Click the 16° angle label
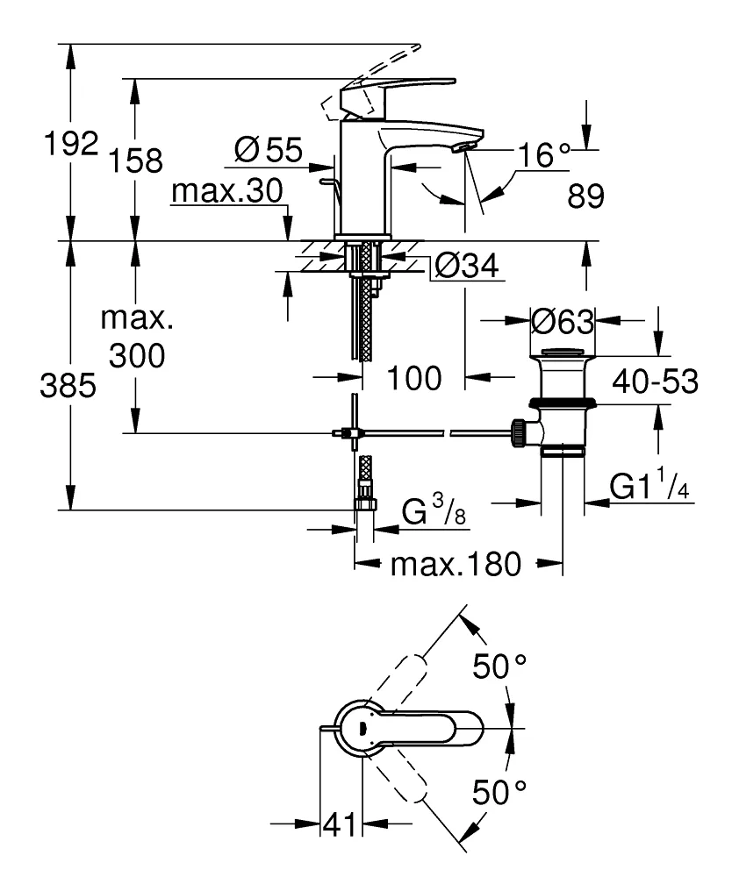tap(543, 156)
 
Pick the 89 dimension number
tap(585, 197)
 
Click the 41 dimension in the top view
tap(340, 824)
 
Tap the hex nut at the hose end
tap(364, 504)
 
